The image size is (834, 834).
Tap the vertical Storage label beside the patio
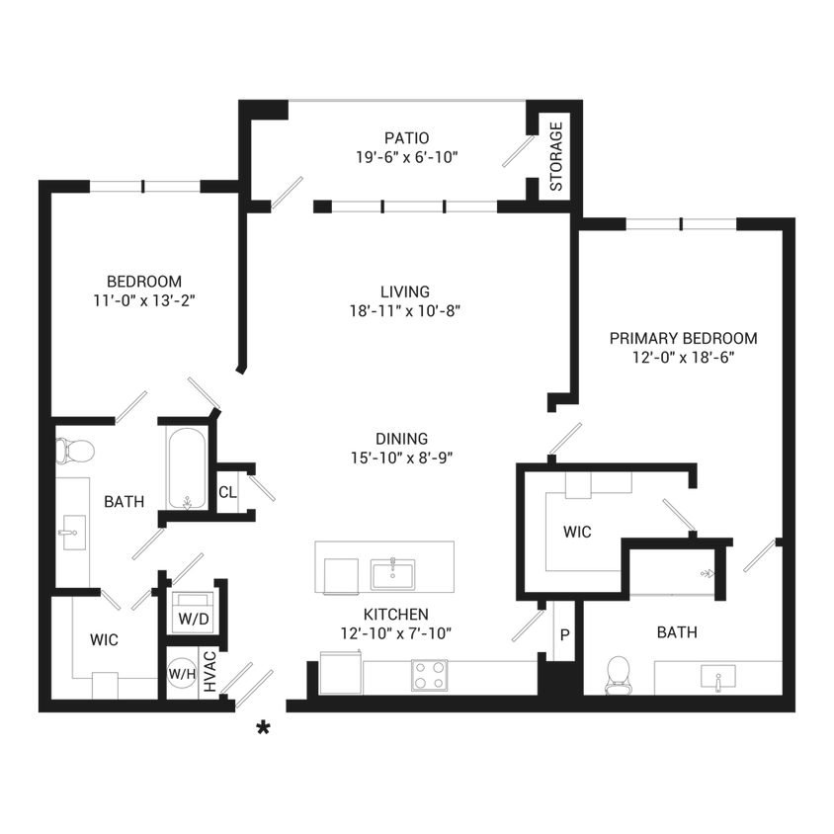click(x=554, y=155)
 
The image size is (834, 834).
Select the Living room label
click(x=406, y=291)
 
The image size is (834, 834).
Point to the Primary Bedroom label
click(x=684, y=337)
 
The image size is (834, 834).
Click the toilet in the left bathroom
click(x=75, y=451)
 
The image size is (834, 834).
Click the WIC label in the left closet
click(x=104, y=640)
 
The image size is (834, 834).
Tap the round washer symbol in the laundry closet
click(x=182, y=676)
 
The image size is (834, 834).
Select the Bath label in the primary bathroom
click(x=673, y=628)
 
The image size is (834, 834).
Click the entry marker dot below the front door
click(x=262, y=729)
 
